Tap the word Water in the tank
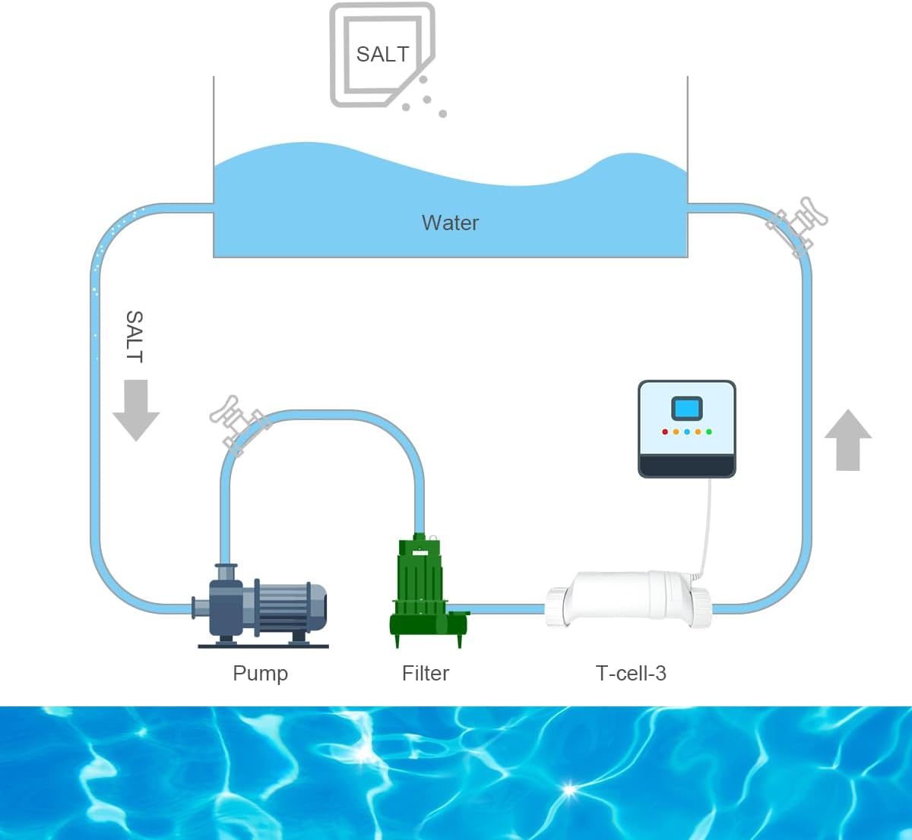pyautogui.click(x=450, y=223)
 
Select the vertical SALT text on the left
pyautogui.click(x=134, y=336)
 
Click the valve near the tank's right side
pyautogui.click(x=796, y=223)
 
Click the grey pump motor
pyautogui.click(x=289, y=607)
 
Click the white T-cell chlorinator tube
pyautogui.click(x=628, y=597)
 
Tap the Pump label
pyautogui.click(x=260, y=674)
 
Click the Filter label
pyautogui.click(x=425, y=674)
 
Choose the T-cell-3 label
pyautogui.click(x=631, y=674)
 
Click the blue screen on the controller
pyautogui.click(x=686, y=409)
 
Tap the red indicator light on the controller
pyautogui.click(x=665, y=431)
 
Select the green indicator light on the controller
pyautogui.click(x=708, y=431)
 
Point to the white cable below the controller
pyautogui.click(x=708, y=524)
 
